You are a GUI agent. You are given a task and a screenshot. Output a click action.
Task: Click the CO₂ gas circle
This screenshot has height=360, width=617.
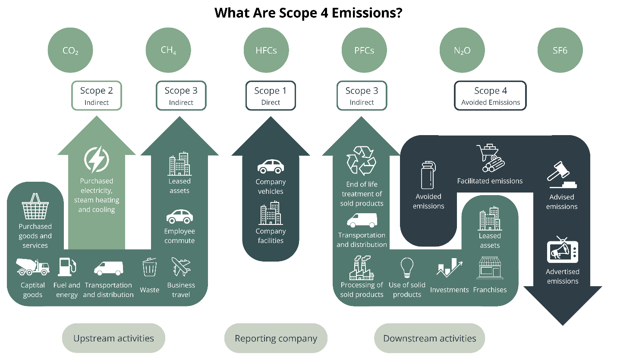tap(70, 51)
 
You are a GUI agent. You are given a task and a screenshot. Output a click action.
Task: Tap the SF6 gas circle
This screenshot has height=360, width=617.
tap(560, 51)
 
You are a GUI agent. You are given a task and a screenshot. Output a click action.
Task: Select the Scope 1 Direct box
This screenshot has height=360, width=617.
tap(271, 95)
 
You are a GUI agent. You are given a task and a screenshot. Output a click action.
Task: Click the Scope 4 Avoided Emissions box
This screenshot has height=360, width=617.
tap(491, 95)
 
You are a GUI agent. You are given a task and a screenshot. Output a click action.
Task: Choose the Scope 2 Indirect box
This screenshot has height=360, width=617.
tap(97, 95)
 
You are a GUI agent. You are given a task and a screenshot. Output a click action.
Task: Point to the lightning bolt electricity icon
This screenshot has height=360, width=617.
tap(97, 160)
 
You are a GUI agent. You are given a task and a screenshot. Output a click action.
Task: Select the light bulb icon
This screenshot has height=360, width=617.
tap(407, 268)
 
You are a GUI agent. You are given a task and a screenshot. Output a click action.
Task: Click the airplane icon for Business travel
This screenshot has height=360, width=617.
tap(181, 267)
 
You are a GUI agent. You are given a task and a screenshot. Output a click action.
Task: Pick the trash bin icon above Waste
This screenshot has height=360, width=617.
tap(149, 267)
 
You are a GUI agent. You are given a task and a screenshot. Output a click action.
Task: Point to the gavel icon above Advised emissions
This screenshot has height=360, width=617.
tap(561, 175)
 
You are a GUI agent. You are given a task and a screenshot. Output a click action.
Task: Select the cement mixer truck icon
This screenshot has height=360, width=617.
tap(33, 267)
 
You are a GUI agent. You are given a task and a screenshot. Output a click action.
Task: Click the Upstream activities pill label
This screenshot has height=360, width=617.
tap(113, 338)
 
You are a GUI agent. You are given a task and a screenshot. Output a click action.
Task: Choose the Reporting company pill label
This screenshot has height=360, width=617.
tap(276, 338)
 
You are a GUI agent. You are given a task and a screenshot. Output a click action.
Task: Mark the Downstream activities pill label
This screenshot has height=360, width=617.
tap(429, 338)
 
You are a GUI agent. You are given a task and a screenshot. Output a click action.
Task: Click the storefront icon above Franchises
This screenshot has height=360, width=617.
tap(490, 268)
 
